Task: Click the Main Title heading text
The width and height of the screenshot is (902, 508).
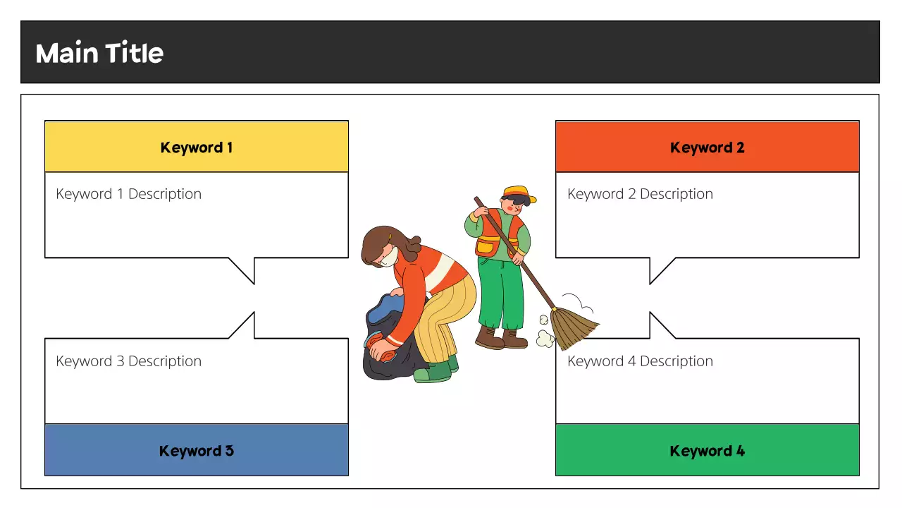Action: pyautogui.click(x=99, y=53)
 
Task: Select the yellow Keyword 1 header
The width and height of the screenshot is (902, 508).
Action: pyautogui.click(x=197, y=147)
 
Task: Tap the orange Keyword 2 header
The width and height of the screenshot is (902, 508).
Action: pyautogui.click(x=707, y=147)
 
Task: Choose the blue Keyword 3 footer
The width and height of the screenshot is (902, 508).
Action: pyautogui.click(x=197, y=451)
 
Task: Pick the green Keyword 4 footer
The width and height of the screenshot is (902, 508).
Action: pyautogui.click(x=707, y=451)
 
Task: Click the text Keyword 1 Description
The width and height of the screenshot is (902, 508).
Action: pyautogui.click(x=128, y=194)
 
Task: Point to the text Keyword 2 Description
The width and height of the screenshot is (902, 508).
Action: pyautogui.click(x=640, y=194)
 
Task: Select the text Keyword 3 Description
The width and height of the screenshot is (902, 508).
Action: pyautogui.click(x=128, y=361)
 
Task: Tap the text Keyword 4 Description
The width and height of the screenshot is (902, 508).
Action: pyautogui.click(x=640, y=361)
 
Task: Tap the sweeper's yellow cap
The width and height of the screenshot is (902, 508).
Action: pyautogui.click(x=518, y=193)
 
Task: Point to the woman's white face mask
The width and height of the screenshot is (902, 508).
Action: pyautogui.click(x=388, y=258)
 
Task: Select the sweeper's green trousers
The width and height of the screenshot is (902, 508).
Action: pyautogui.click(x=500, y=293)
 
